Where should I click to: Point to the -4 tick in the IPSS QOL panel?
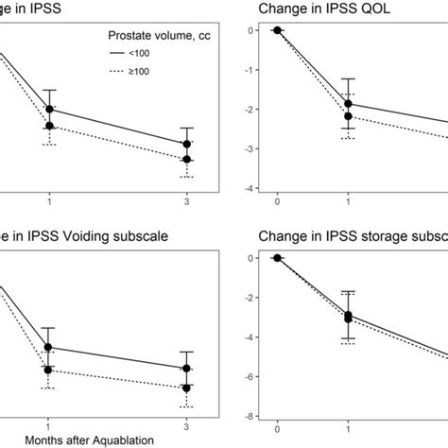pyautogui.click(x=248, y=189)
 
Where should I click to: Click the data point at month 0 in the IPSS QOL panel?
pyautogui.click(x=278, y=30)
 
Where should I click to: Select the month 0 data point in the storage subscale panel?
pyautogui.click(x=278, y=258)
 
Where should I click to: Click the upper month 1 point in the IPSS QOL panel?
pyautogui.click(x=349, y=104)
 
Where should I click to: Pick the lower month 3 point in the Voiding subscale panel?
pyautogui.click(x=187, y=388)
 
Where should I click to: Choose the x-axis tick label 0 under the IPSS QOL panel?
pyautogui.click(x=278, y=201)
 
